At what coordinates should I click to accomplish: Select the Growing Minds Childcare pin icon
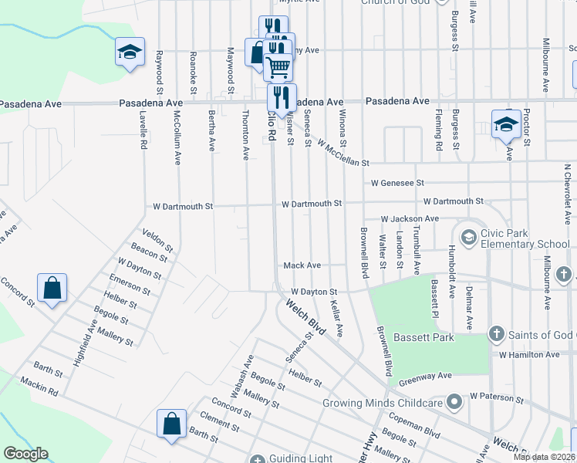[455, 401]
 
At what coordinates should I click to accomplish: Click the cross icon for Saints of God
[496, 334]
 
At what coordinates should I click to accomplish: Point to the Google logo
[25, 454]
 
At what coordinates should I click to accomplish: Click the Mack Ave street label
[302, 265]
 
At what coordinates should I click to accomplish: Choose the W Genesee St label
[397, 184]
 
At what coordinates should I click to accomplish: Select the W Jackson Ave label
[409, 219]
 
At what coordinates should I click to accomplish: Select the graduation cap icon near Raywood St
[130, 52]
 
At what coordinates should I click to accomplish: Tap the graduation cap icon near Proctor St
[505, 123]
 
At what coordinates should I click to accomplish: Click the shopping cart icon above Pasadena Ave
[278, 66]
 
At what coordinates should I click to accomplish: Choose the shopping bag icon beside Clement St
[171, 423]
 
